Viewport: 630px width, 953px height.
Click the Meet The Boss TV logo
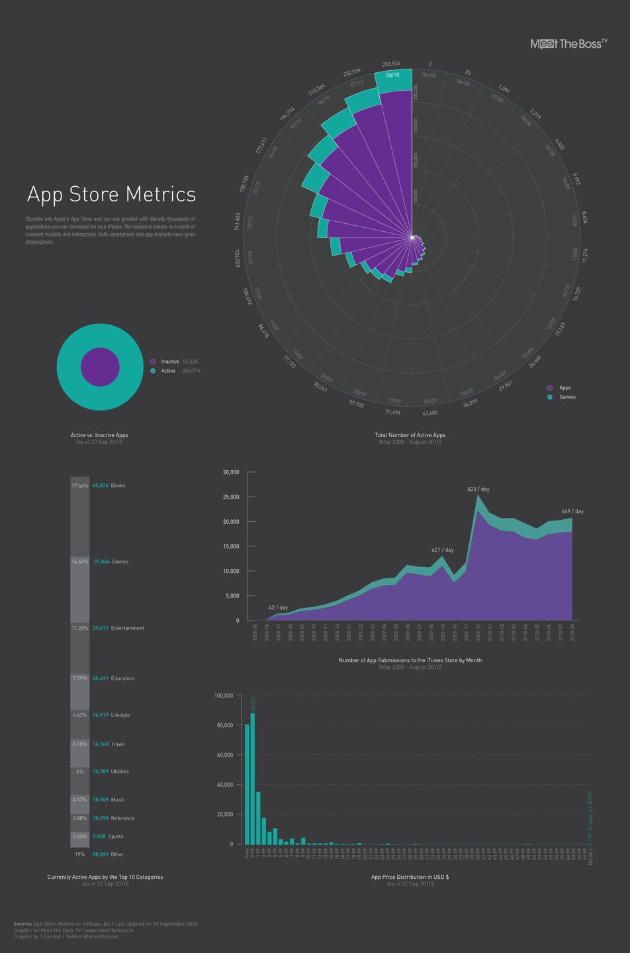(x=568, y=44)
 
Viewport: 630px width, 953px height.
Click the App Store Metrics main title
(x=111, y=195)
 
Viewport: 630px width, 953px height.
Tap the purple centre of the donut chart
(x=100, y=367)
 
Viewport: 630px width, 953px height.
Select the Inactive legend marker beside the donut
(x=153, y=362)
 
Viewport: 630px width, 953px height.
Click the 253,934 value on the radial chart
(x=391, y=64)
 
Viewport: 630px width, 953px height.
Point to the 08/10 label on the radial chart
(x=392, y=75)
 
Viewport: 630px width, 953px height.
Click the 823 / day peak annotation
(x=478, y=489)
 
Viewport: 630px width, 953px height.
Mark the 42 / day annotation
(x=278, y=607)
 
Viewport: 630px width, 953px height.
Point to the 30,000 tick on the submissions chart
(x=231, y=472)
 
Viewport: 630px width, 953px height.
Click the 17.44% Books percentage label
(x=79, y=486)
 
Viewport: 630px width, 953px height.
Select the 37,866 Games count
(x=101, y=562)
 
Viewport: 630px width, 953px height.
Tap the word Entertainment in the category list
(x=127, y=628)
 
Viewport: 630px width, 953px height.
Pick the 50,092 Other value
(x=101, y=854)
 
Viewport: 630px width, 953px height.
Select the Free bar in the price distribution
(x=247, y=785)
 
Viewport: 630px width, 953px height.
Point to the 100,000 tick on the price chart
(x=224, y=696)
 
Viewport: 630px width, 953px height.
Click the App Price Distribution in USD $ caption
(x=410, y=877)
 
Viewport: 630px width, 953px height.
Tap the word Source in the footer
(x=22, y=924)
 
